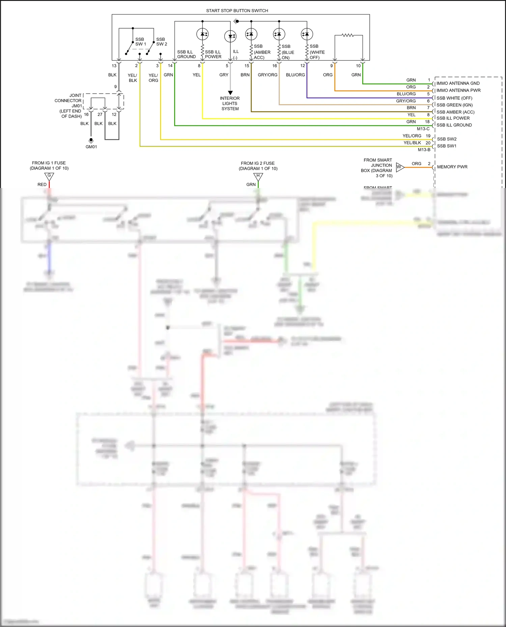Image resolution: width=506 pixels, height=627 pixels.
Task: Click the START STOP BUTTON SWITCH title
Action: tap(237, 10)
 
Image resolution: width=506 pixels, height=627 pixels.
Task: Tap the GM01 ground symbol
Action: tap(91, 141)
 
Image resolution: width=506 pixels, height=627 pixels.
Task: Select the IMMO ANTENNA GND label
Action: tap(458, 83)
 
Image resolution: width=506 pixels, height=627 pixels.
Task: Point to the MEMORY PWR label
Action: tap(452, 167)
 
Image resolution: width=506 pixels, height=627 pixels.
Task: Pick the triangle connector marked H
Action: tap(258, 176)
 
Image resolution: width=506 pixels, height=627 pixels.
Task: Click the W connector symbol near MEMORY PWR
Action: tap(400, 167)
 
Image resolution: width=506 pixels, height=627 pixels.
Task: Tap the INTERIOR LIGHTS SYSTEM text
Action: tap(230, 103)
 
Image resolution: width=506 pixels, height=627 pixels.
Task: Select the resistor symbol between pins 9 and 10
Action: tap(347, 35)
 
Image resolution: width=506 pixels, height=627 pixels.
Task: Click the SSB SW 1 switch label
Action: tap(140, 42)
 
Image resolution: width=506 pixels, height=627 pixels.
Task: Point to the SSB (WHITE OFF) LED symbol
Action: tap(307, 34)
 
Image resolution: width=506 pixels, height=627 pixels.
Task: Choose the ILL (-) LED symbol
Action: tap(230, 36)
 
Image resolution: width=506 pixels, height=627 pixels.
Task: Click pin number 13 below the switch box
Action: tap(114, 66)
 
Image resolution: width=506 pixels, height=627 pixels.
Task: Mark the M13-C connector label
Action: tap(423, 129)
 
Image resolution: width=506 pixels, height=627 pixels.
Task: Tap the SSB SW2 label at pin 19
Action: tap(447, 139)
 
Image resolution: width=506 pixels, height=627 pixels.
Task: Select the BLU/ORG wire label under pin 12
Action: tap(295, 75)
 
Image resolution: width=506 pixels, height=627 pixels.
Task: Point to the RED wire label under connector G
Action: tap(42, 184)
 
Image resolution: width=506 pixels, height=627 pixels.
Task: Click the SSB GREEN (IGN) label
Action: tap(454, 105)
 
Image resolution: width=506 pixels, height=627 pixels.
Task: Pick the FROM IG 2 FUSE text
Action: tap(258, 163)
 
